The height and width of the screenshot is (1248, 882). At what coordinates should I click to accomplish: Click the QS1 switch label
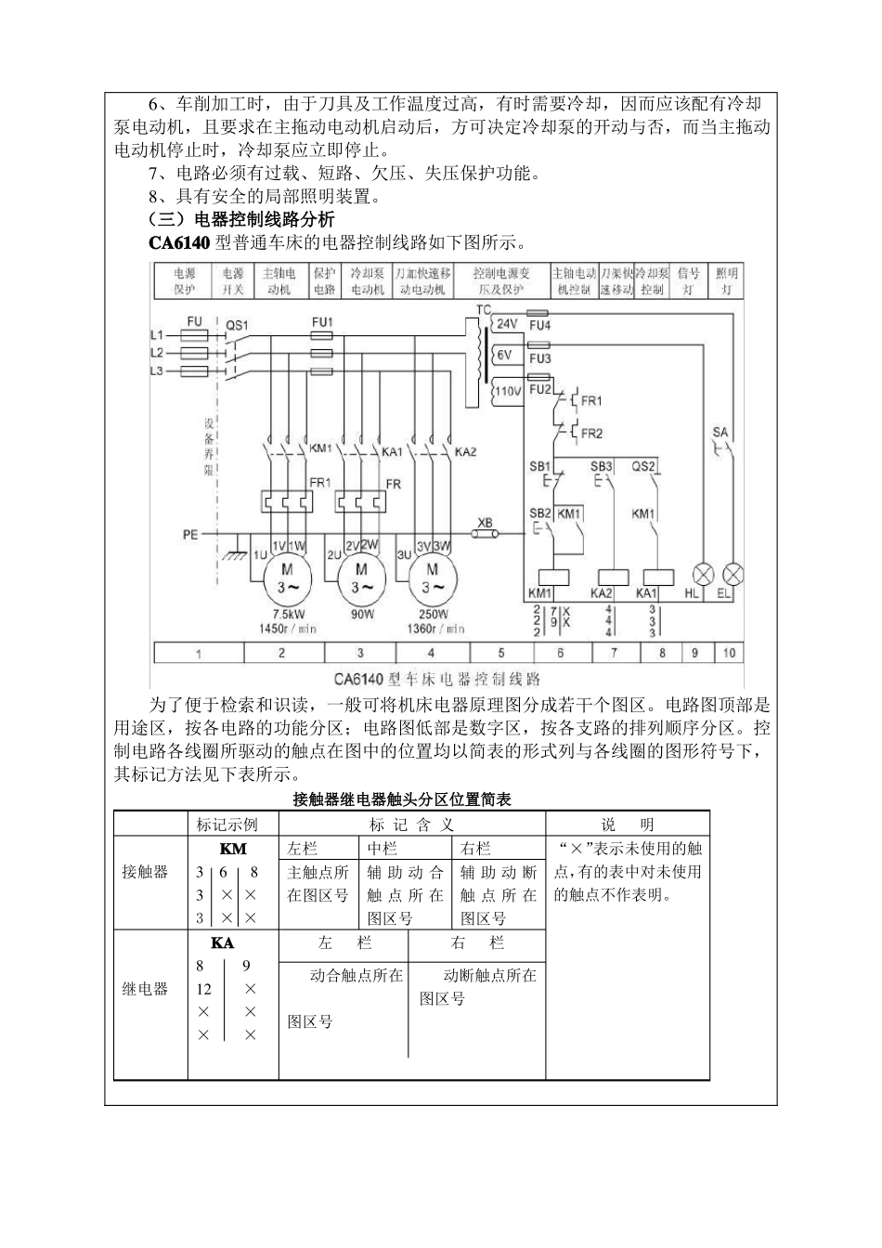pos(238,326)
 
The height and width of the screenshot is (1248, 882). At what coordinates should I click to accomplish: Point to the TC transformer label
pos(484,309)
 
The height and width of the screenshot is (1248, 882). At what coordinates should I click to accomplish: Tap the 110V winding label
pos(507,391)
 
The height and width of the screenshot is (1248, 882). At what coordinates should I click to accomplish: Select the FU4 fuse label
pos(539,326)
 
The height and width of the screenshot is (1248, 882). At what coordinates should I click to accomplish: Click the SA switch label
pos(720,432)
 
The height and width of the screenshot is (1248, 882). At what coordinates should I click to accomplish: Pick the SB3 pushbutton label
pos(602,466)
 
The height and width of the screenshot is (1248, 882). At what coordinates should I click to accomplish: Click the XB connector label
pos(484,522)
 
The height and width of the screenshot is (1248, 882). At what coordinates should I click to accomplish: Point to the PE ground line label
pos(190,536)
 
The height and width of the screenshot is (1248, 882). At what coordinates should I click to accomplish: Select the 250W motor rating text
pos(433,615)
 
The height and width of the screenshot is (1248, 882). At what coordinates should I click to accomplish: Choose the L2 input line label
pos(157,353)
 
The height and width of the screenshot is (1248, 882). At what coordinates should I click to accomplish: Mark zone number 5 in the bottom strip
pos(501,653)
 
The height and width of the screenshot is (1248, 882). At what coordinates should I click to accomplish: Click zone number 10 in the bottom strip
pos(729,653)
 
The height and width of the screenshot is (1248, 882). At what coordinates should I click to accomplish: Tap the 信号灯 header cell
pos(688,281)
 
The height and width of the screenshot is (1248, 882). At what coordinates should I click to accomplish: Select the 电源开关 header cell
pos(233,281)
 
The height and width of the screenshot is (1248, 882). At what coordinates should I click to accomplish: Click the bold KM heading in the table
pos(233,849)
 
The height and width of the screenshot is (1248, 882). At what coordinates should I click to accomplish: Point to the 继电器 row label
pos(146,989)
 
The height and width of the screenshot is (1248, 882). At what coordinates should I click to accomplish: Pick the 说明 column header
pos(628,825)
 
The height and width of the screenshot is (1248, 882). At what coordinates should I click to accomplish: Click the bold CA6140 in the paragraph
pos(179,244)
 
